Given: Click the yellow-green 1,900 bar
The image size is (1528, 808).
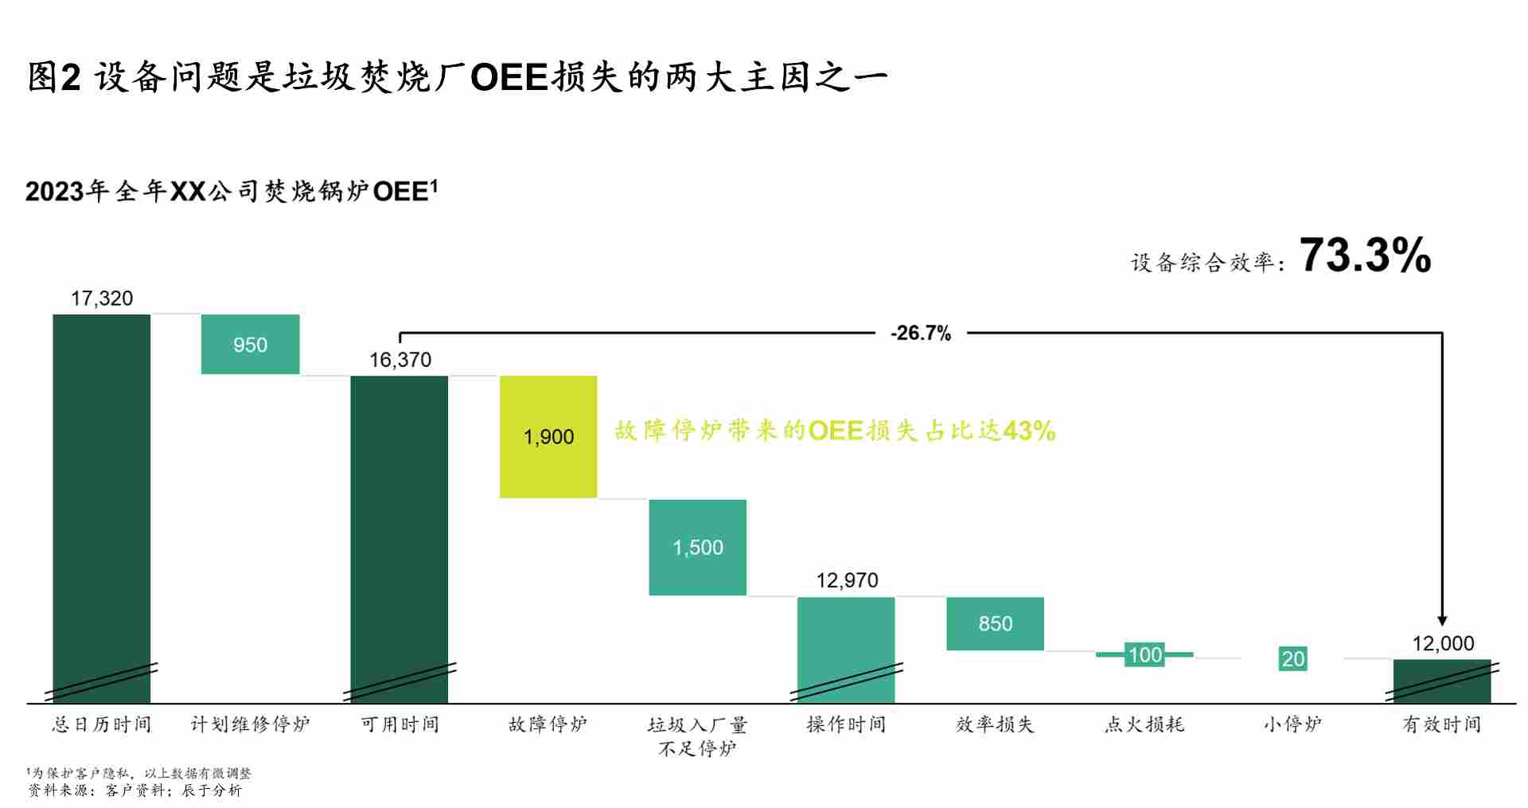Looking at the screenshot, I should tap(548, 436).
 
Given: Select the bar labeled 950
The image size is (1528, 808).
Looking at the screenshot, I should tap(250, 344).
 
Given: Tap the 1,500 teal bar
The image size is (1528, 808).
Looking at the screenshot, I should tap(698, 547).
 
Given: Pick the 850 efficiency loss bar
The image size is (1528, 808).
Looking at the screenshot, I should tap(995, 623).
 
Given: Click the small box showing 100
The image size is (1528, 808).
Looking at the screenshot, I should tap(1144, 654).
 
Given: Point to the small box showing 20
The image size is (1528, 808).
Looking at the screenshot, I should tap(1292, 658).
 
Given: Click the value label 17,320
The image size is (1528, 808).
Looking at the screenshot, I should tap(102, 299).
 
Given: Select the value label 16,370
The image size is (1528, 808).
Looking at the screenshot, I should tap(400, 360).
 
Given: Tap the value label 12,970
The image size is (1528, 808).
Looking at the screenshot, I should tap(847, 580).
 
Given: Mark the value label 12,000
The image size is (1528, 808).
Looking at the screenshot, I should tap(1443, 643).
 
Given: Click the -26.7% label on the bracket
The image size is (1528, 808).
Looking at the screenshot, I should tap(921, 333).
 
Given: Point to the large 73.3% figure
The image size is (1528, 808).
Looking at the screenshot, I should tap(1365, 256).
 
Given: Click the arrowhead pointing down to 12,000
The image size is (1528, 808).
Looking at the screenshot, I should tap(1442, 621).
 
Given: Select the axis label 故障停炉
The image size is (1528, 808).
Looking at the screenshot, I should tap(548, 724).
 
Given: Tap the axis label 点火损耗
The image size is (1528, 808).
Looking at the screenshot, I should tap(1144, 724).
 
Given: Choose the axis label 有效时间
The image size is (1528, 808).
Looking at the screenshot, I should tap(1441, 724).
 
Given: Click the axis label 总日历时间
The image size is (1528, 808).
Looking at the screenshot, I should tap(101, 724).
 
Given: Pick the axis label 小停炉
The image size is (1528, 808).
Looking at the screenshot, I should tap(1292, 724).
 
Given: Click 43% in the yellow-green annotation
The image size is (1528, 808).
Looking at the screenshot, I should tap(1029, 431).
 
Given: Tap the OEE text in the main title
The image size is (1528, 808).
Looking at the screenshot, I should tap(509, 78).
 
